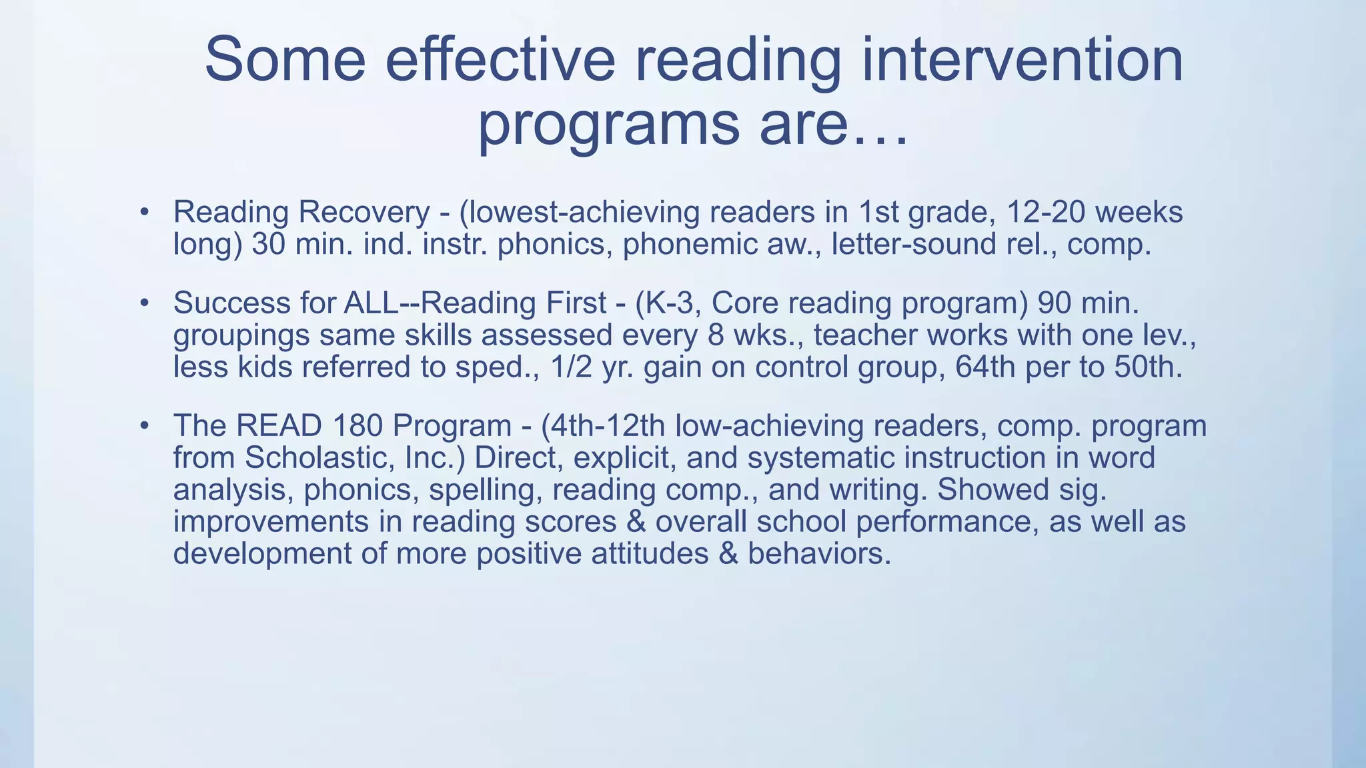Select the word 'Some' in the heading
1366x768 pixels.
click(x=285, y=60)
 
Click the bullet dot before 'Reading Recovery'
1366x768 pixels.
click(x=143, y=213)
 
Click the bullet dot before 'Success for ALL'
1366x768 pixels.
click(x=143, y=303)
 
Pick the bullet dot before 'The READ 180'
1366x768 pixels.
click(x=143, y=426)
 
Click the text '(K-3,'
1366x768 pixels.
click(x=668, y=303)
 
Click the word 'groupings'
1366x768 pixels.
click(x=241, y=335)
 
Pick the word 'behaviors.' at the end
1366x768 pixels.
click(x=819, y=554)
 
